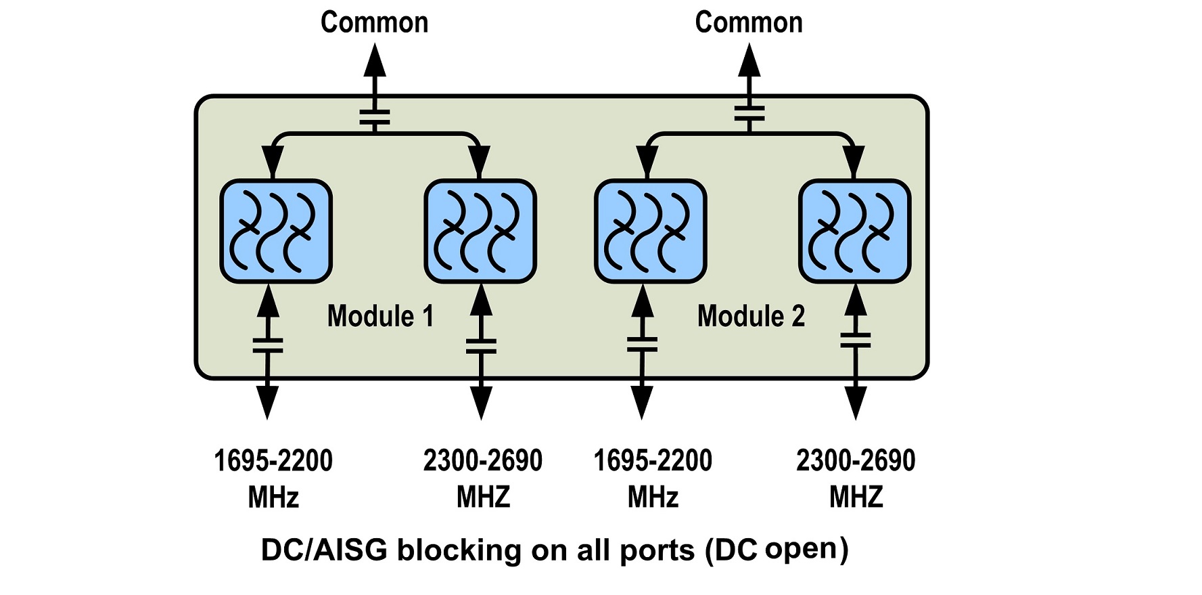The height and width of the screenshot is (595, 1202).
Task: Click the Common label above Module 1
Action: (x=374, y=22)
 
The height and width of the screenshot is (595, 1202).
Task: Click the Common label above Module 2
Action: (x=749, y=22)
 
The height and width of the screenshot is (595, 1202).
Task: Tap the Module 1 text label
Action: (x=380, y=316)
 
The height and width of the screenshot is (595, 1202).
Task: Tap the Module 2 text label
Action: (x=751, y=316)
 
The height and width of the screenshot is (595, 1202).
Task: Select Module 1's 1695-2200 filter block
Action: (x=276, y=231)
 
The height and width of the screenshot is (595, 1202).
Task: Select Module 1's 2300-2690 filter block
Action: (x=480, y=231)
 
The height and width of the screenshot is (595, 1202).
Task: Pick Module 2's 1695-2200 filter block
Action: (x=651, y=231)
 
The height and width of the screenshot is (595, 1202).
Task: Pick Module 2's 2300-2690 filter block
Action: (x=855, y=231)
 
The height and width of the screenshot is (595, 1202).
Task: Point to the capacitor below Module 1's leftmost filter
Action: (x=268, y=345)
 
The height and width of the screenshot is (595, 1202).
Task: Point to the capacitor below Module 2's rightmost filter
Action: (x=856, y=339)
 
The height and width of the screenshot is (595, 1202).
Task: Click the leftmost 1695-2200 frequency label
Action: (x=273, y=461)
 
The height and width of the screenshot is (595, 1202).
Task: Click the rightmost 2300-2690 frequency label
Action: (x=856, y=461)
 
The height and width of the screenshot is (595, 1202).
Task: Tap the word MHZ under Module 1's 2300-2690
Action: (x=483, y=498)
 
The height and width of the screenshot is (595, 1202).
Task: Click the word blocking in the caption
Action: (x=459, y=550)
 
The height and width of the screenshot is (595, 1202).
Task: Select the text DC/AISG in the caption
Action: (x=324, y=550)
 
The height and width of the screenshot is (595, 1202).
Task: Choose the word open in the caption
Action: (x=802, y=549)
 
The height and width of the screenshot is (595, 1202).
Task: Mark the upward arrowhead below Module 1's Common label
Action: (x=375, y=62)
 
